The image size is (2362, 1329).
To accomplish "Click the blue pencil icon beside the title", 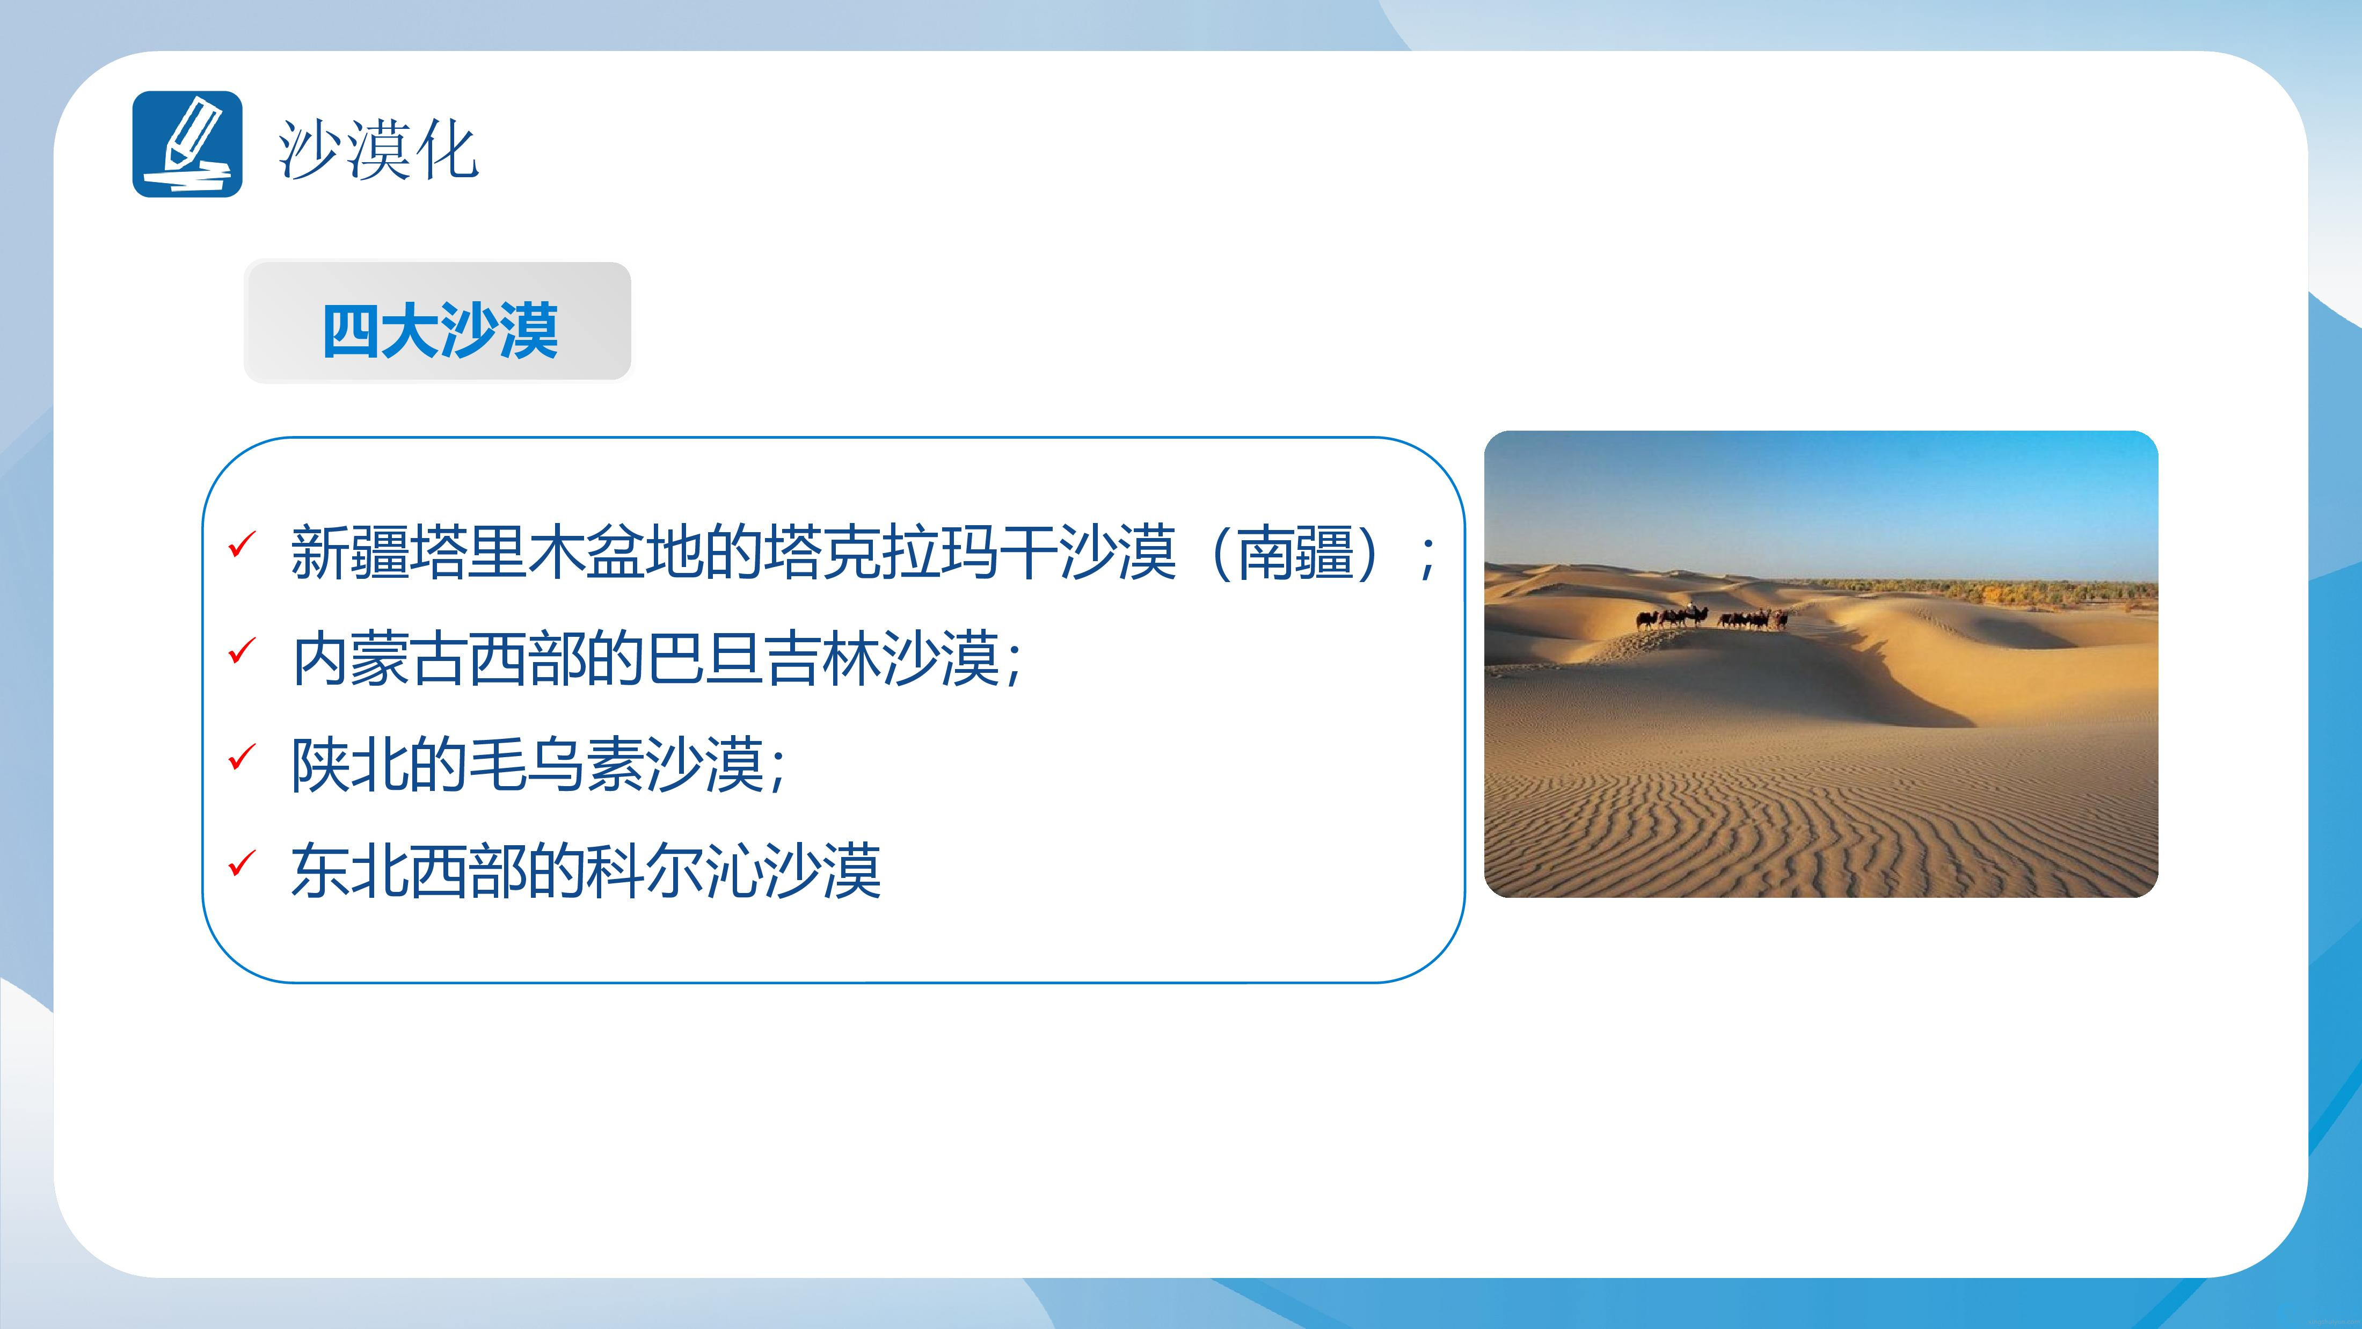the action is pyautogui.click(x=187, y=144).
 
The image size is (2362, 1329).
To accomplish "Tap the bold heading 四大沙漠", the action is pyautogui.click(x=440, y=330).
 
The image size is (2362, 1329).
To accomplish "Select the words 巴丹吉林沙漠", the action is pyautogui.click(x=823, y=658).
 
